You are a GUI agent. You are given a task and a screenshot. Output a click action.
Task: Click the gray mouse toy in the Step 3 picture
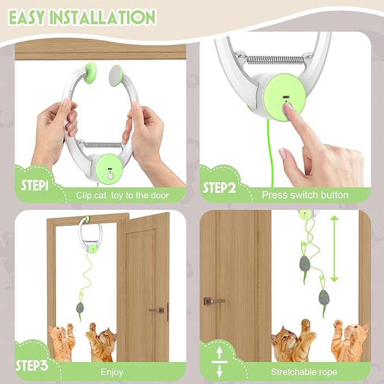[80, 308]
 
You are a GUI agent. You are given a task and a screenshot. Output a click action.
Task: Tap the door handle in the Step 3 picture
[156, 310]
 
